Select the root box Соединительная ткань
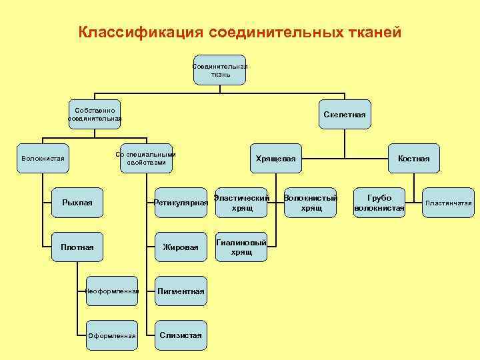(x=220, y=70)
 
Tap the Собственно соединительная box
(x=95, y=115)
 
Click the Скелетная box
(x=345, y=115)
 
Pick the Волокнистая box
(x=43, y=159)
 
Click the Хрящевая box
(x=275, y=159)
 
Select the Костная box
(x=413, y=159)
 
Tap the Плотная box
(x=77, y=247)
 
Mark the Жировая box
(x=181, y=247)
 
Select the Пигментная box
(x=181, y=291)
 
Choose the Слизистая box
(x=181, y=335)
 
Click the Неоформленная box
(x=112, y=291)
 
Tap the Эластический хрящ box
(x=241, y=203)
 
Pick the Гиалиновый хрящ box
(x=241, y=247)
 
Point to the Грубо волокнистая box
(x=379, y=203)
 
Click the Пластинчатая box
(x=449, y=203)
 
